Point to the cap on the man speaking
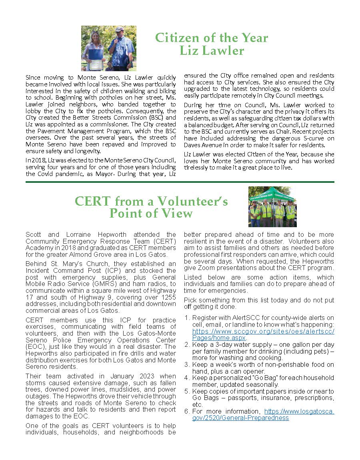[119, 30]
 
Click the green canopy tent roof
[272, 194]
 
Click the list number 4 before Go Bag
[187, 378]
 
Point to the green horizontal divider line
[180, 182]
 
